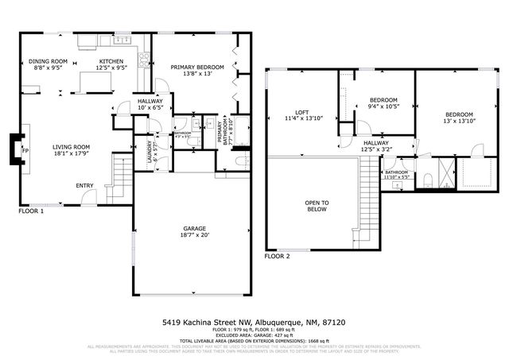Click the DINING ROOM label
pos(49,61)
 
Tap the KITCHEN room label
pos(111,61)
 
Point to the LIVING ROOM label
pos(72,146)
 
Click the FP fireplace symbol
pos(25,150)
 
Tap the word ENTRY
pos(84,186)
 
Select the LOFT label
pos(301,112)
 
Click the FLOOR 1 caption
pos(31,211)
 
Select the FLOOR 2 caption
pos(278,257)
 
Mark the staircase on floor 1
pos(121,175)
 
